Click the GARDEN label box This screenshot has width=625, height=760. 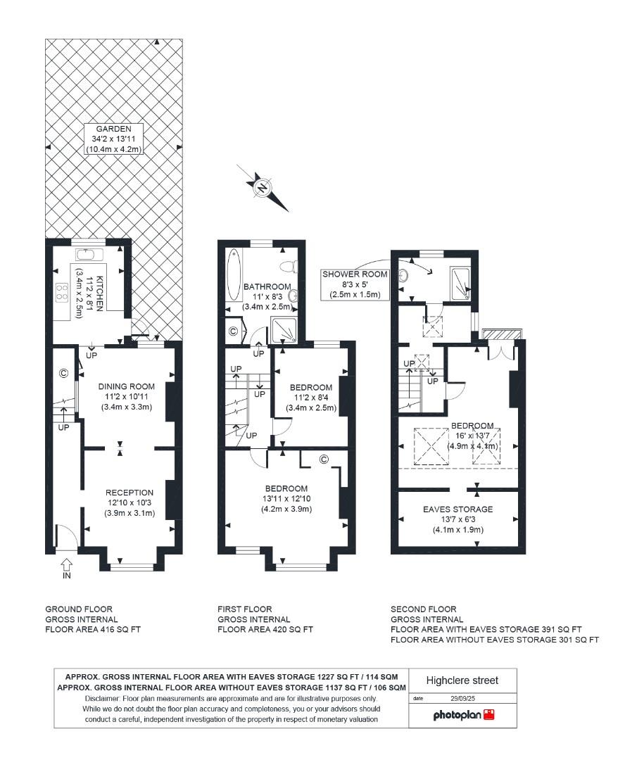click(113, 139)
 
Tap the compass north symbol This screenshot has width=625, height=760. click(262, 187)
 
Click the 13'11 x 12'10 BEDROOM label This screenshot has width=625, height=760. click(286, 499)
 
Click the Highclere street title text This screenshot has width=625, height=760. click(462, 680)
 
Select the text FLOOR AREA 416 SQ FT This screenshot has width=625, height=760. click(93, 630)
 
